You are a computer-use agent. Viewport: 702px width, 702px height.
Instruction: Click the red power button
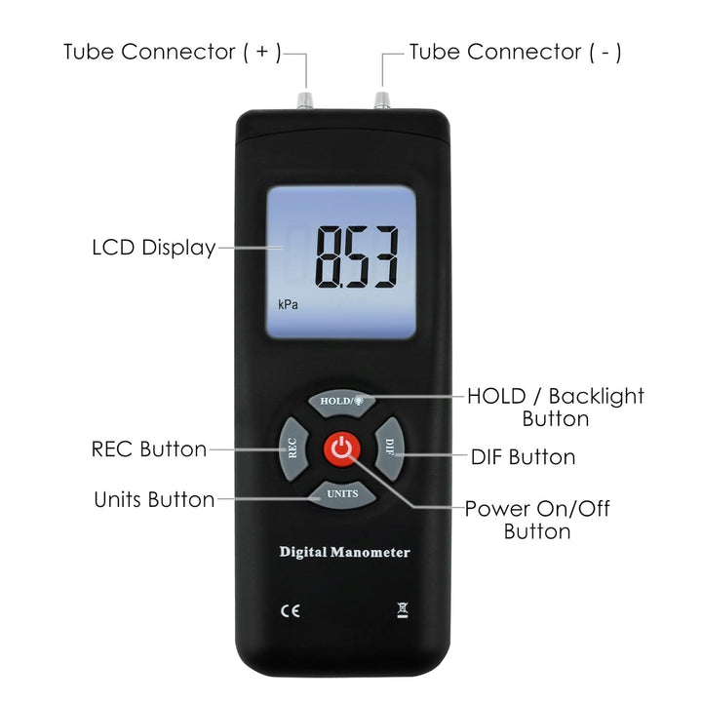[x=341, y=449]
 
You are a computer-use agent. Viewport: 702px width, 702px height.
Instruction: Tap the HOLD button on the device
[x=341, y=402]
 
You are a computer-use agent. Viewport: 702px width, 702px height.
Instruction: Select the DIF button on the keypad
[x=389, y=449]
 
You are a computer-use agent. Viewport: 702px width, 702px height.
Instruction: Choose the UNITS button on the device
[x=341, y=494]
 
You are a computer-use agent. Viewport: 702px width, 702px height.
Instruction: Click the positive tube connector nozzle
[x=305, y=100]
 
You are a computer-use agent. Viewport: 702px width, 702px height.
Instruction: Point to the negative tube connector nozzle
[x=382, y=100]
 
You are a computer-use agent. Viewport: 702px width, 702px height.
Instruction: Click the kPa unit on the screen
[x=288, y=304]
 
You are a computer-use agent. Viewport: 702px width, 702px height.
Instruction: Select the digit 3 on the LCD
[x=385, y=257]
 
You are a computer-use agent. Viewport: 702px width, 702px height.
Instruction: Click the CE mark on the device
[x=291, y=611]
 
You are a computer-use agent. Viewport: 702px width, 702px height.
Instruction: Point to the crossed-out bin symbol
[x=403, y=610]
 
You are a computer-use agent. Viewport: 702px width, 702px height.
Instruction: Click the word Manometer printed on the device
[x=370, y=553]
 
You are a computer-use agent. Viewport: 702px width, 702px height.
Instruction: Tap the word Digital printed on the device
[x=303, y=553]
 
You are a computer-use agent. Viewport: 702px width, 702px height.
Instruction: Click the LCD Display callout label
[x=154, y=248]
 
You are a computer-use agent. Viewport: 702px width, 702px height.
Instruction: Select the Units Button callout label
[x=154, y=499]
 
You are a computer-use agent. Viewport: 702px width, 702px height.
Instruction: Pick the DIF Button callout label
[x=523, y=457]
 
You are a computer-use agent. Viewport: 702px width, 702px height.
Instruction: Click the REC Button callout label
[x=149, y=449]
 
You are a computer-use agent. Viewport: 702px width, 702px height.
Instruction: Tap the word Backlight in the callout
[x=597, y=397]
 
